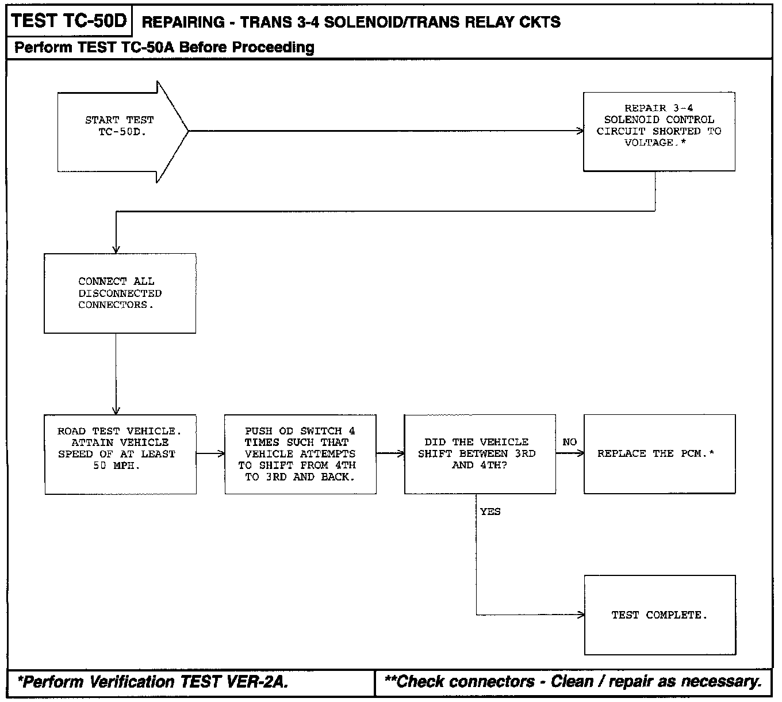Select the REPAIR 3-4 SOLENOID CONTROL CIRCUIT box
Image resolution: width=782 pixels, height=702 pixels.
659,132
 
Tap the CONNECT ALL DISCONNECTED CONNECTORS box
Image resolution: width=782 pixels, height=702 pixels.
120,293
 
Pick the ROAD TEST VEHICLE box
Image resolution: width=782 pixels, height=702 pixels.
120,454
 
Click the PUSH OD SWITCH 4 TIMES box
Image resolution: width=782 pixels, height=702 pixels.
300,454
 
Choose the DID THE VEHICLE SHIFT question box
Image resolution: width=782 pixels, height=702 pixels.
480,454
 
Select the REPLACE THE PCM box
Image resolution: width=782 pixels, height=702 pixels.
659,454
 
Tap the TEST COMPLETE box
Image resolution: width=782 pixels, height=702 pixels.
660,615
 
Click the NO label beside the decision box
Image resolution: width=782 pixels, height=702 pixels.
569,442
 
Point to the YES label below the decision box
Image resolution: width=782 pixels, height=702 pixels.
490,512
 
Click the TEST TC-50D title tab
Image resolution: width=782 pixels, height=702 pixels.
68,21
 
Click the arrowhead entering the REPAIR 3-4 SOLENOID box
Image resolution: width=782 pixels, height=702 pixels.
580,131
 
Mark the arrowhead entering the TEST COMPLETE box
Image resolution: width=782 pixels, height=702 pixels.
581,615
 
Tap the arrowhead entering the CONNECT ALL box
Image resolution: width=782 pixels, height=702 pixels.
116,250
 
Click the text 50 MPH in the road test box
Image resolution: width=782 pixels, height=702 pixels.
116,466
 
